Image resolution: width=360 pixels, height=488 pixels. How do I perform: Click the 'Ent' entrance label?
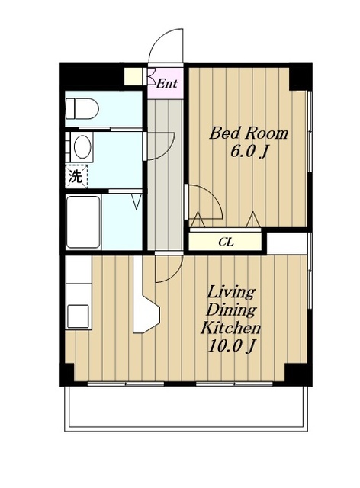166,83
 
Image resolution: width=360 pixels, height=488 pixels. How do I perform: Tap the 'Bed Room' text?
249,133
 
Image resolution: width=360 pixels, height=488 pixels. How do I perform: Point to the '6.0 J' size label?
249,152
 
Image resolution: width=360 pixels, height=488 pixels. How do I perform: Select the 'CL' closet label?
226,242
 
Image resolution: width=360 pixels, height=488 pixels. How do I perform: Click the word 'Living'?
231,293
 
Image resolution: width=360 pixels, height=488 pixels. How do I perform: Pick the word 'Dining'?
231,310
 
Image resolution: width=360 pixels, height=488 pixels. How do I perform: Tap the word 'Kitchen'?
231,328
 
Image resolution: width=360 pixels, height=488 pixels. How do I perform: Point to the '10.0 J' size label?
231,345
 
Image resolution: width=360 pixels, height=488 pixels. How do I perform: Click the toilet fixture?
82,108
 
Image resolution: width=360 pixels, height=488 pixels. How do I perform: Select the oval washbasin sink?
82,146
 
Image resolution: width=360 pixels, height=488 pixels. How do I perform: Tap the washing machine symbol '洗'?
76,177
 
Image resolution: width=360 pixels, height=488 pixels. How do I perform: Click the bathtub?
83,222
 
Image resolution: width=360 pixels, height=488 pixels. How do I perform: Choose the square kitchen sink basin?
78,316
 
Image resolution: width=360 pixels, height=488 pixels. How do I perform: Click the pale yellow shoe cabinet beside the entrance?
133,76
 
